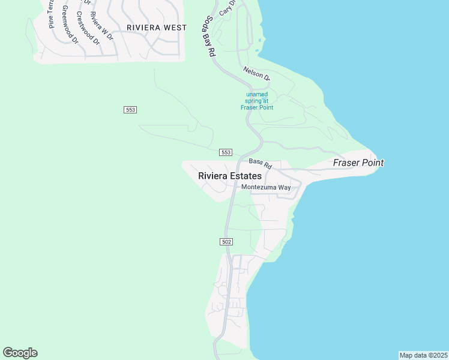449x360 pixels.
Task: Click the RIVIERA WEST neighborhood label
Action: point(157,28)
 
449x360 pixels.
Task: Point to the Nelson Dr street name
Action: point(257,74)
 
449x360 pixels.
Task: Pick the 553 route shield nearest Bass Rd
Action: point(226,152)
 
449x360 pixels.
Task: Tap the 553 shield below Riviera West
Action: point(131,109)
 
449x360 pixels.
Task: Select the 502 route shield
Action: point(226,241)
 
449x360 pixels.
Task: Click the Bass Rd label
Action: point(261,163)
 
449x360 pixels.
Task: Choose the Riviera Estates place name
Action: point(230,176)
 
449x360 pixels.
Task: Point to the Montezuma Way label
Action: point(266,187)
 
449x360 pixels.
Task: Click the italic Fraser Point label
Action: point(358,163)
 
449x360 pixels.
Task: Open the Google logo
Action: point(20,353)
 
